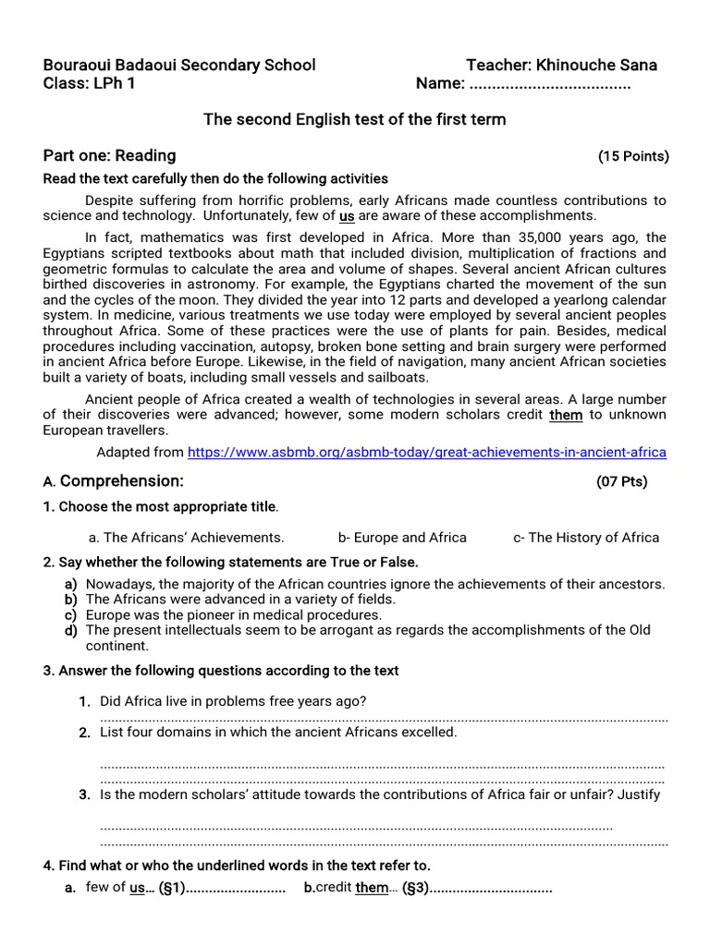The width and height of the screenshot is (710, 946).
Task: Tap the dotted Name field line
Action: point(550,85)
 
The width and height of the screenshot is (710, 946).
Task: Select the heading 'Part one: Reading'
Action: point(109,155)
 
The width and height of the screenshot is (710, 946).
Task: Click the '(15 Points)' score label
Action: point(633,156)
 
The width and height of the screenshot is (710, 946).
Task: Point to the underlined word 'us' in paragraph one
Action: point(347,216)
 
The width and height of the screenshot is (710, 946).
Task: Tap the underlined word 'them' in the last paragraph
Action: point(566,415)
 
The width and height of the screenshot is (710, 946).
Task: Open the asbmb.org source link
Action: point(426,453)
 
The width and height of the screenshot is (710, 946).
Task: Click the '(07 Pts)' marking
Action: point(622,481)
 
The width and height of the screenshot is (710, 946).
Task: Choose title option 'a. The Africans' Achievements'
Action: point(186,538)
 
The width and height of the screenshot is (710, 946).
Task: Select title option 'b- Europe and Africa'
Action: point(402,538)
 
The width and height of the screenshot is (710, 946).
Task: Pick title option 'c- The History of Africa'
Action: point(586,538)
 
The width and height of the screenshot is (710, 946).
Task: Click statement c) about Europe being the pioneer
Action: point(233,614)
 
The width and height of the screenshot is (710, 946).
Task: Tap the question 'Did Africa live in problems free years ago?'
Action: point(233,701)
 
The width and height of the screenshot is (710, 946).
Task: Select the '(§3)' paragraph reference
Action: point(416,889)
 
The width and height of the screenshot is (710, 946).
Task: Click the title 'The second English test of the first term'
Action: point(354,119)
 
